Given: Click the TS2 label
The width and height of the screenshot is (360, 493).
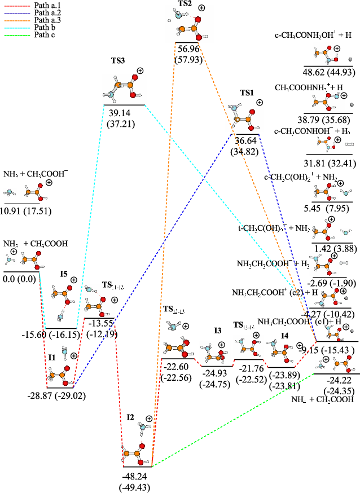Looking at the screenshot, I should [x=185, y=4].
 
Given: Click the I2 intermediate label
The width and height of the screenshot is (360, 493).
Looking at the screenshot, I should [x=131, y=417].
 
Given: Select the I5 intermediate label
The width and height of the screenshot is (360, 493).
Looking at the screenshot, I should [x=65, y=275].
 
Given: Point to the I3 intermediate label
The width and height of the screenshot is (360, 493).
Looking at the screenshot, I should [x=218, y=331].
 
